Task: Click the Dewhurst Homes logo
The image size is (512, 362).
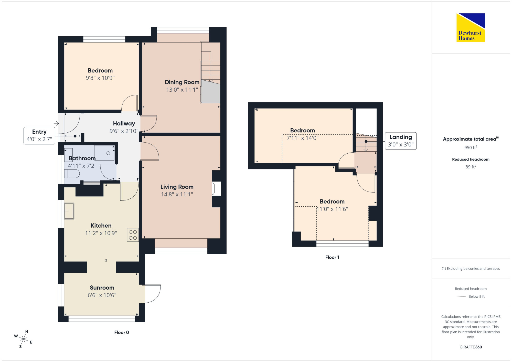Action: coord(471,27)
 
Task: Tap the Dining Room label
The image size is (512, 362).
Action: coord(182,82)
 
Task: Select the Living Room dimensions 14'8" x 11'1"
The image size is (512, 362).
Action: coord(177,194)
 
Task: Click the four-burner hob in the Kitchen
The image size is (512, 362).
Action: coord(133,235)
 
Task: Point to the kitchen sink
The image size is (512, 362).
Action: coord(69,211)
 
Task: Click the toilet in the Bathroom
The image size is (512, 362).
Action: coord(72,174)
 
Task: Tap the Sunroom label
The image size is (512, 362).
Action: coord(102,288)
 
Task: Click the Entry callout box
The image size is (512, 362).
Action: coord(39,136)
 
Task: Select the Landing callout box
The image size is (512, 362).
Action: coord(401,141)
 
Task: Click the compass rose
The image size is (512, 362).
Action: coord(23,339)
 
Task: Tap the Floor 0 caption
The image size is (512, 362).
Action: coord(122,332)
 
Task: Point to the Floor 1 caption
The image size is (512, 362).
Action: coord(332,257)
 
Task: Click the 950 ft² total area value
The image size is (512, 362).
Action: coord(471,147)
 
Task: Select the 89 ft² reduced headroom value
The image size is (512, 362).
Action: coord(471,167)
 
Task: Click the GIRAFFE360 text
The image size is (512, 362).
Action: coord(471,347)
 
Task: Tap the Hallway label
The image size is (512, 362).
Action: coord(124,123)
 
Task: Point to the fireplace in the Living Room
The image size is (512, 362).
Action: coord(217,189)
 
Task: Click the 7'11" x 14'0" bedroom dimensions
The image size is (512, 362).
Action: coord(303,138)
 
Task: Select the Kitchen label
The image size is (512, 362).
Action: coord(101,226)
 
